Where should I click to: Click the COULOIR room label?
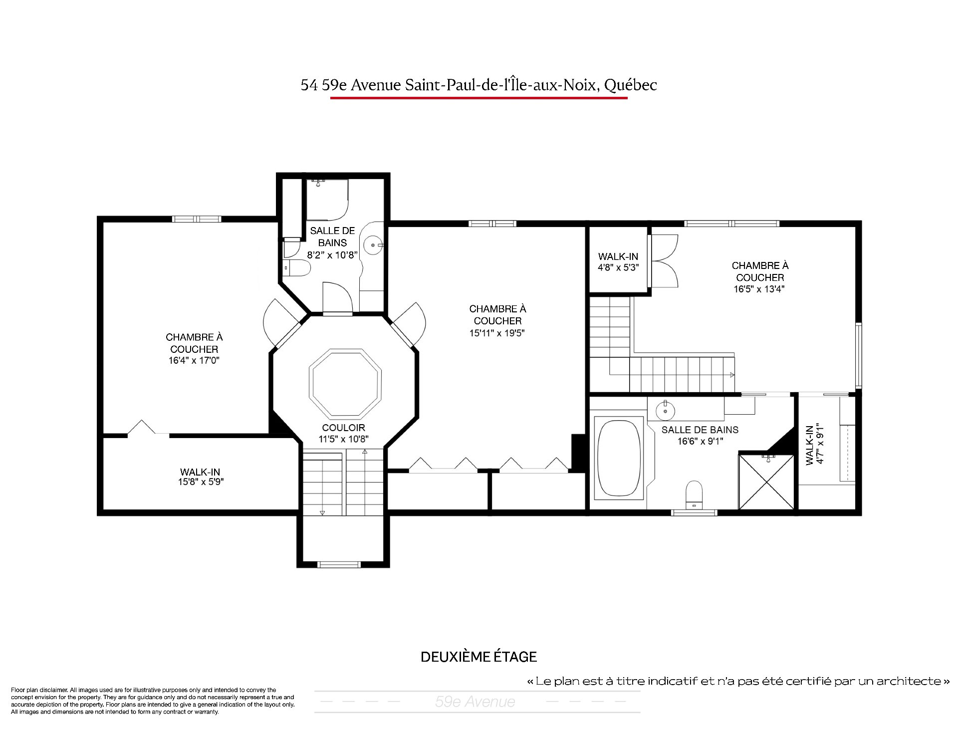(x=344, y=428)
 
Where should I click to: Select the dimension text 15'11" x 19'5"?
(x=497, y=333)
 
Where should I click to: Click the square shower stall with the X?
(x=766, y=481)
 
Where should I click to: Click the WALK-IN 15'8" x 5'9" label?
(x=200, y=477)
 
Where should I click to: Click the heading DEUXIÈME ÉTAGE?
(x=479, y=657)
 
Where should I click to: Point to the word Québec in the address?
(x=630, y=85)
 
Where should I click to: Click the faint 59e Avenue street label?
(x=475, y=702)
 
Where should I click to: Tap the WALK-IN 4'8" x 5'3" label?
(x=618, y=261)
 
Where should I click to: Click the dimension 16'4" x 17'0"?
(x=194, y=360)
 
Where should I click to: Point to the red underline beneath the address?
(x=479, y=98)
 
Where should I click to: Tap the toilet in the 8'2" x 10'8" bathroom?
(x=297, y=268)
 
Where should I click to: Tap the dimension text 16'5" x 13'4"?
(x=759, y=289)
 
